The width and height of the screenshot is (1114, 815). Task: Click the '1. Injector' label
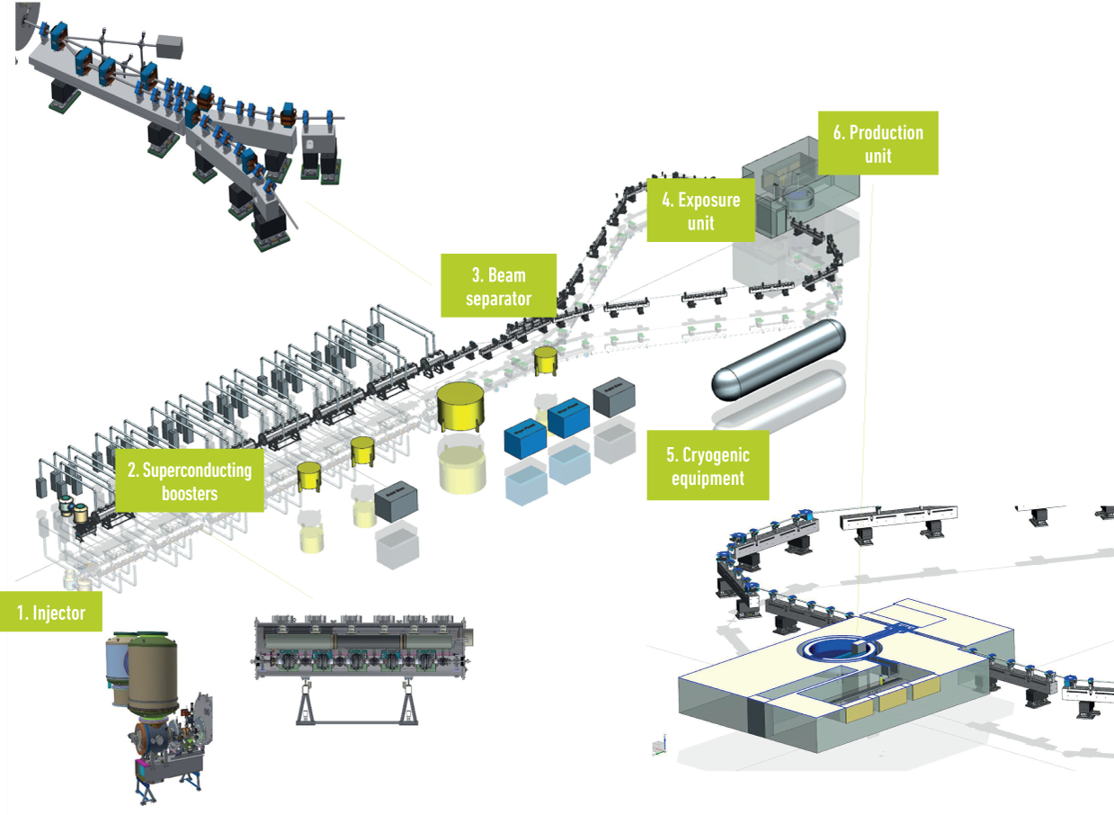[50, 613]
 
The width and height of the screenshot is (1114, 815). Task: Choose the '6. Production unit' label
[878, 143]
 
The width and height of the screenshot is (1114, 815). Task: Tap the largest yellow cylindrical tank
[462, 406]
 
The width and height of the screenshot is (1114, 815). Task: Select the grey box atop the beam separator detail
[169, 46]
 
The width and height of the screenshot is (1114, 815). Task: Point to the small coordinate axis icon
[660, 746]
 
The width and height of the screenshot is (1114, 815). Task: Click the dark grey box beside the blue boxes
[615, 396]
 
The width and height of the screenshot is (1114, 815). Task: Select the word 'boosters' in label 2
[191, 493]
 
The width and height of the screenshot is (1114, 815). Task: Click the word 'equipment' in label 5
[708, 479]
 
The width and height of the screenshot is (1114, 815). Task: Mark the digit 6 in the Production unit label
[838, 133]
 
